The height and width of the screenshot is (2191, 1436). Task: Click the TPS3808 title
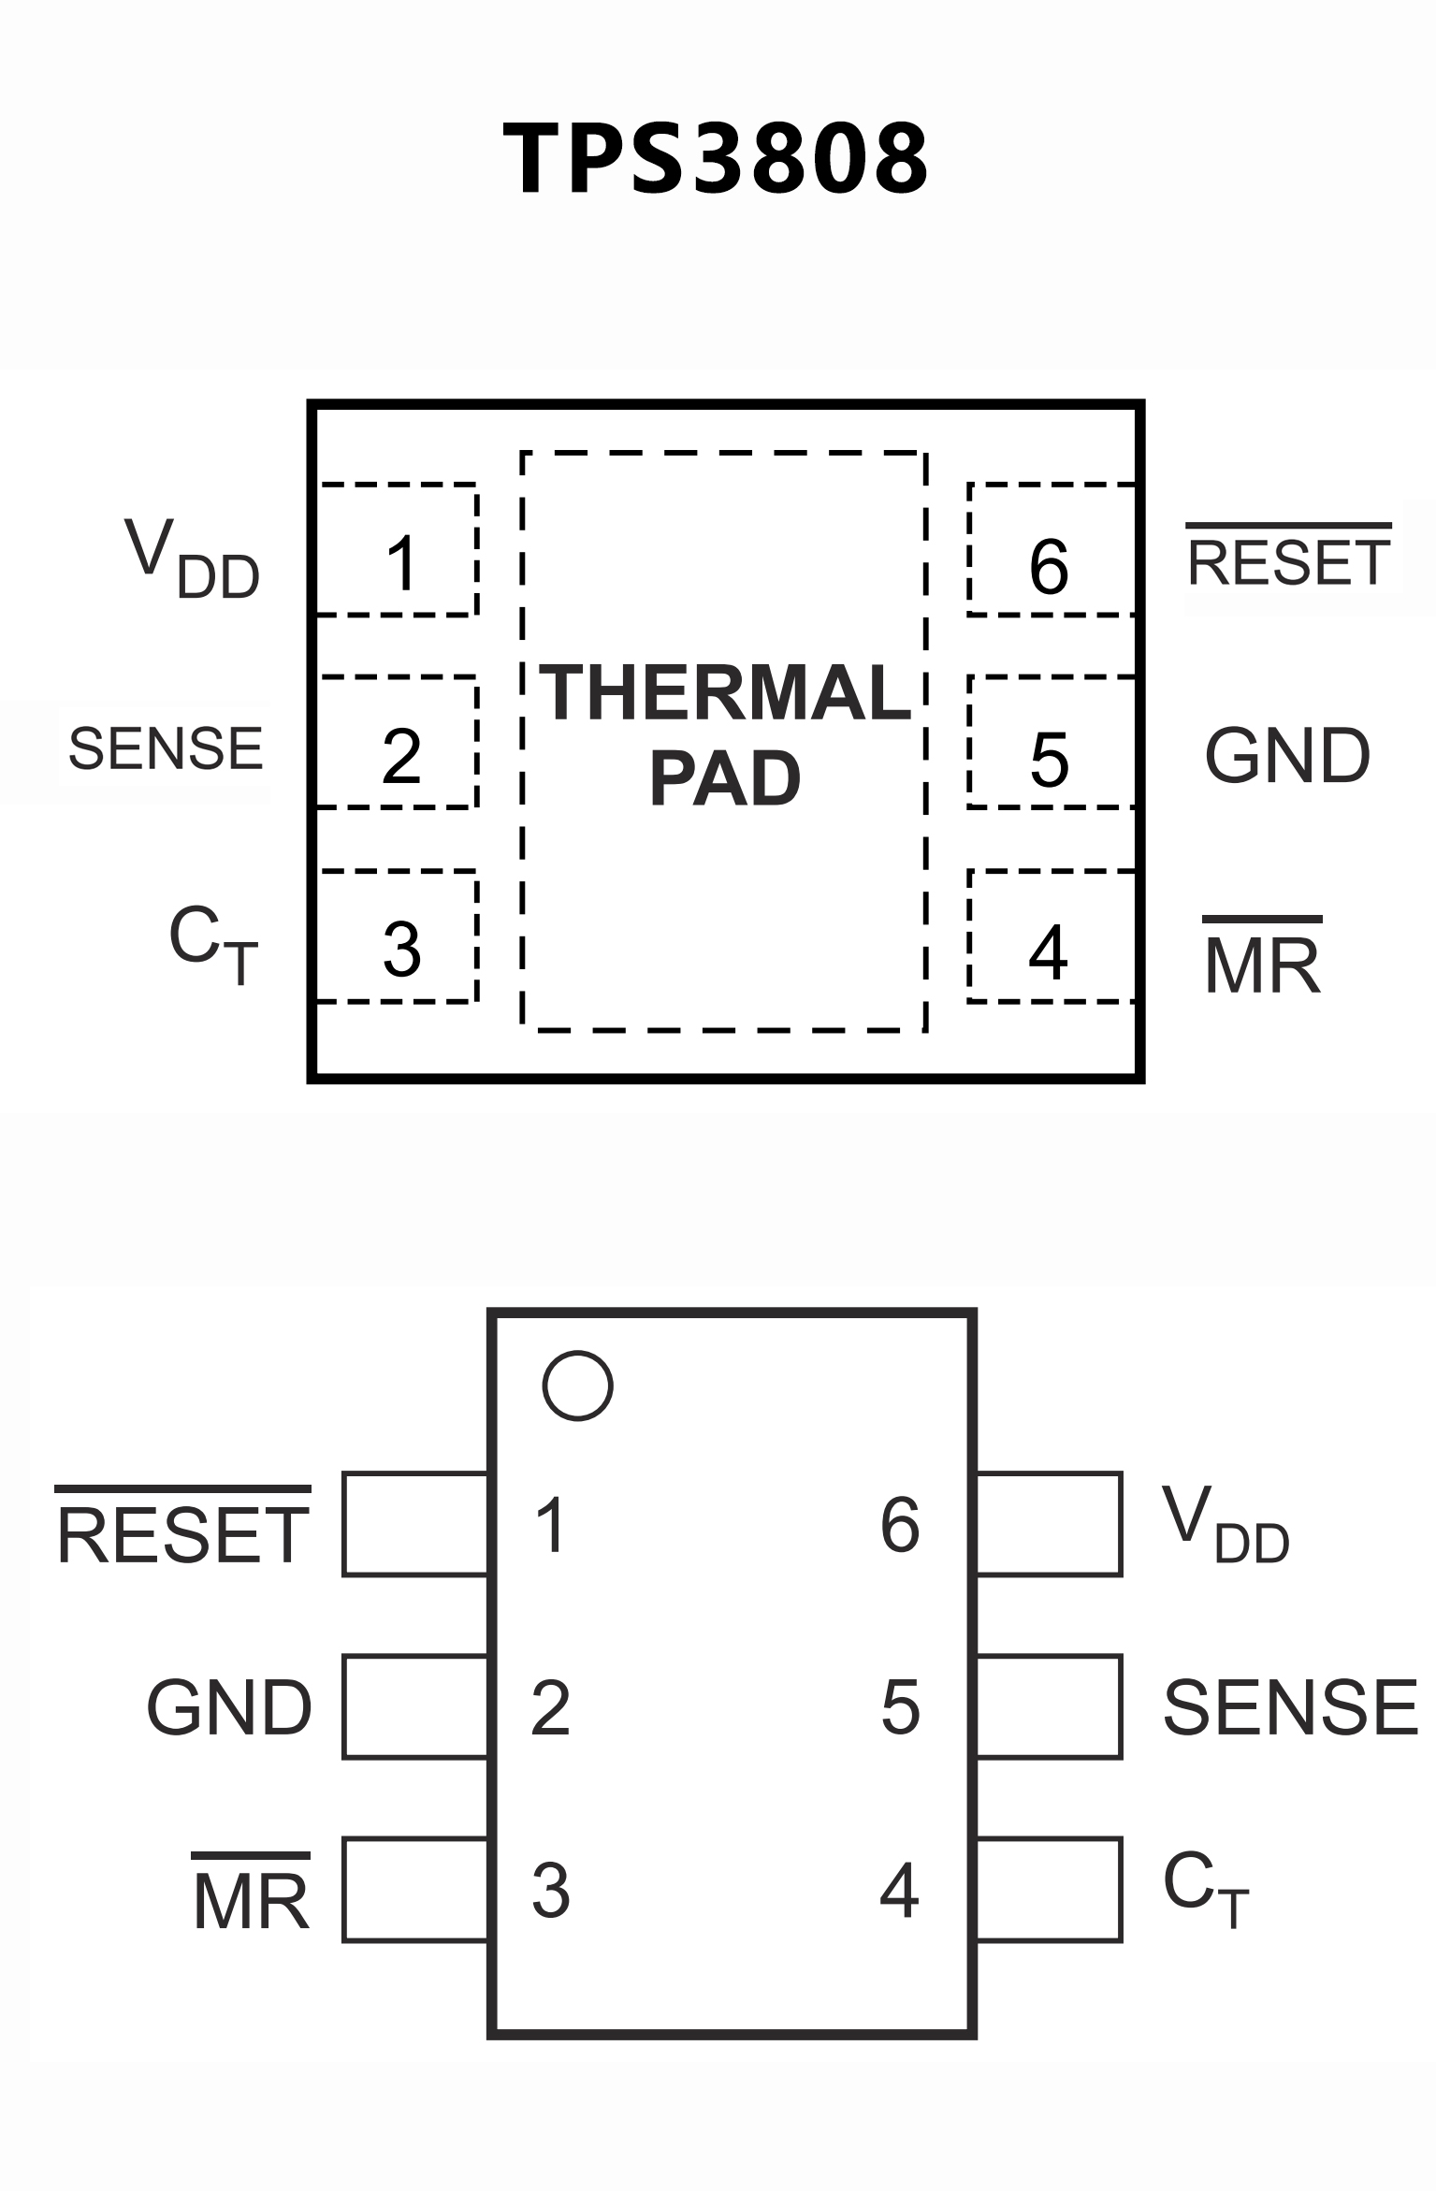(x=717, y=159)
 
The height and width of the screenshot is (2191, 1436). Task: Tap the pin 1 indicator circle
(x=577, y=1386)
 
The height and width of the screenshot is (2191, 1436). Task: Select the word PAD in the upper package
(x=725, y=778)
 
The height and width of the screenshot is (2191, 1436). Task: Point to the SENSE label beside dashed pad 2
(x=166, y=748)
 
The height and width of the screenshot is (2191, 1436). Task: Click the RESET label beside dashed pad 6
(x=1289, y=559)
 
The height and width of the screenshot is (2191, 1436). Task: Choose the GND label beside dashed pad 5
(x=1287, y=756)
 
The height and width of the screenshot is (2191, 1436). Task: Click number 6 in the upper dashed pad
(x=1049, y=567)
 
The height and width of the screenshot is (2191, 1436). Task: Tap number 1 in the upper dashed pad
(x=402, y=564)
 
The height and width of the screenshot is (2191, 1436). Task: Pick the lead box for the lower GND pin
(x=415, y=1707)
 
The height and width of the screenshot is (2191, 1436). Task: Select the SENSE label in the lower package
(x=1290, y=1707)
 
